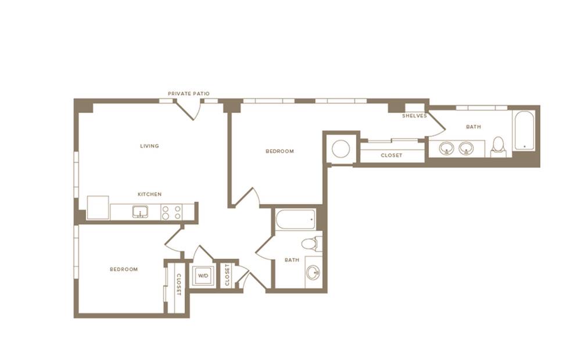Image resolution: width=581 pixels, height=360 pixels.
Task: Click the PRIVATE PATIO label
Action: coord(189,94)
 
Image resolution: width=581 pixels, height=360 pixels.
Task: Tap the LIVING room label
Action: coord(149,146)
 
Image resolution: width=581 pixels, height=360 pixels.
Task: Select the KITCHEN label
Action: coord(150,194)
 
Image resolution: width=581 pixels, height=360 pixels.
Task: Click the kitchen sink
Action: coord(140,212)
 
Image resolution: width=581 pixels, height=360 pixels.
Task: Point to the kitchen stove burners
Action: coord(171,212)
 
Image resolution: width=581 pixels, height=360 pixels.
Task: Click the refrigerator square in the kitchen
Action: coord(98,208)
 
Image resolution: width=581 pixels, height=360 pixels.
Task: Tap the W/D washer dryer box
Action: coord(203,276)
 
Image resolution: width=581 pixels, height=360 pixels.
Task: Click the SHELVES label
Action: coord(415,116)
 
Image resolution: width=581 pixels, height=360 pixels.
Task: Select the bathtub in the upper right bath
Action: coord(524,130)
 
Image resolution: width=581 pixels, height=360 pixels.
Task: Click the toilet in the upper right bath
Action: coord(498,147)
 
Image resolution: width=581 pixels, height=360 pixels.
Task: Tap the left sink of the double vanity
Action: coord(446,149)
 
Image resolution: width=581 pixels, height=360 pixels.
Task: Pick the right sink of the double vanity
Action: coord(466,149)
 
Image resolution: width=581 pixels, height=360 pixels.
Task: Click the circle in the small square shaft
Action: coord(341,149)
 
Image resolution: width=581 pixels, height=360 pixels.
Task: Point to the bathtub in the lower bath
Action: coord(296,219)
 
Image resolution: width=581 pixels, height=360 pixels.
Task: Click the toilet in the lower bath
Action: coord(310,244)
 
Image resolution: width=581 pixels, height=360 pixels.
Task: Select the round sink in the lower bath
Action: coord(314,273)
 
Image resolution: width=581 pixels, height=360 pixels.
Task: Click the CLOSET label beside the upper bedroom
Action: coord(392,155)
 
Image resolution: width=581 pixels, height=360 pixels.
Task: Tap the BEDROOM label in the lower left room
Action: coord(124,269)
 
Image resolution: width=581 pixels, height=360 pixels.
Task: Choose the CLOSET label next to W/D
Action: coord(227,275)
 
